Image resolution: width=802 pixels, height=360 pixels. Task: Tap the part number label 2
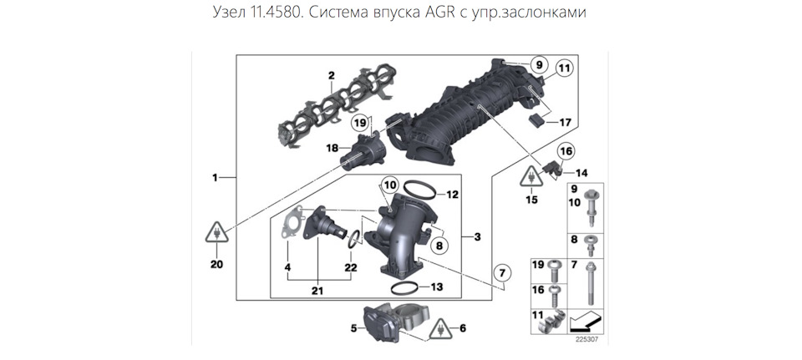pyautogui.click(x=331, y=76)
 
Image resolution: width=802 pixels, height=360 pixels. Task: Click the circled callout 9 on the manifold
pyautogui.click(x=538, y=65)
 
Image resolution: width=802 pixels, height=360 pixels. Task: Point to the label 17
pyautogui.click(x=566, y=123)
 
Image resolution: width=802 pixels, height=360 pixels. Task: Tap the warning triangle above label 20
pyautogui.click(x=216, y=233)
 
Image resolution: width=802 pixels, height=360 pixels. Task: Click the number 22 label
pyautogui.click(x=351, y=267)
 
